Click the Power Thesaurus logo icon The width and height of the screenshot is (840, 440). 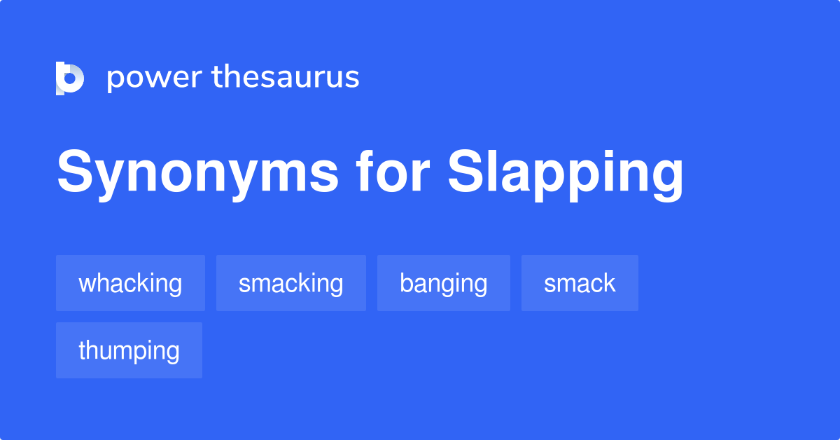click(x=70, y=78)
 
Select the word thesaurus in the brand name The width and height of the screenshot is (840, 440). click(x=286, y=76)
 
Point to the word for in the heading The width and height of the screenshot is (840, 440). click(x=393, y=171)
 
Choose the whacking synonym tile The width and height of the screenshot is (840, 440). click(x=130, y=283)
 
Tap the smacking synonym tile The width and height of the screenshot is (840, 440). click(x=291, y=283)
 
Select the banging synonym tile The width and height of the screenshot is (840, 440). click(x=444, y=283)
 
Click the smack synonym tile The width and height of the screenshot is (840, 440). click(x=580, y=283)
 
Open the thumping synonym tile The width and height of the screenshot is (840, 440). click(x=129, y=350)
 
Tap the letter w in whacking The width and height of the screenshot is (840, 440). click(x=87, y=284)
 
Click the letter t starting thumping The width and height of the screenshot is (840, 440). click(x=82, y=350)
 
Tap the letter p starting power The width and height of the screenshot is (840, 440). click(x=115, y=81)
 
